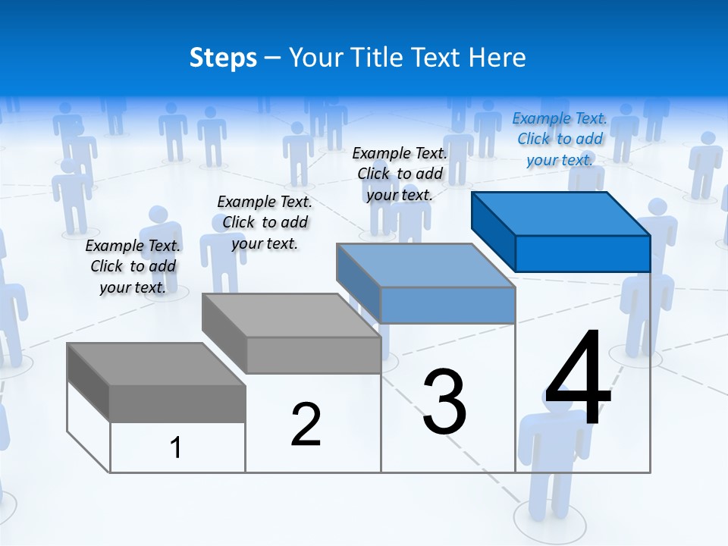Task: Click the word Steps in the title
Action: point(223,58)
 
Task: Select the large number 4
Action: point(578,379)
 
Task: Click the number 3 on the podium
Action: point(444,402)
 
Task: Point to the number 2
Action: point(306,425)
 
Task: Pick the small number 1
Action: point(176,448)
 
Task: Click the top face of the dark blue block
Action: point(560,213)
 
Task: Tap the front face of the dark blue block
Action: point(582,253)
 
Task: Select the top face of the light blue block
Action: point(425,265)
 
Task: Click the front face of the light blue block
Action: point(447,305)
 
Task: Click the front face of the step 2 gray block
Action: point(313,355)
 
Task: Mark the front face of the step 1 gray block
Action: point(177,403)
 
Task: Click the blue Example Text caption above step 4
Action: point(560,140)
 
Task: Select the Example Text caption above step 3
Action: point(400,174)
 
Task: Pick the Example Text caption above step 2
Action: point(265,222)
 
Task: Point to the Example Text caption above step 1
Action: point(133,266)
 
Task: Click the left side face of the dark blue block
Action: point(493,231)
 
